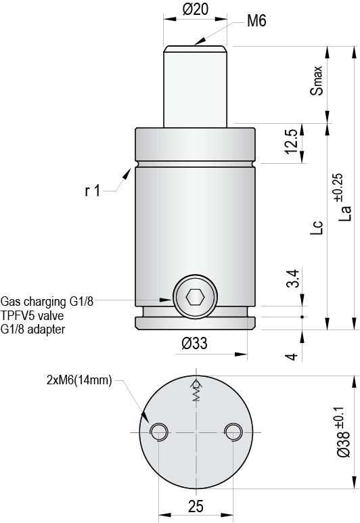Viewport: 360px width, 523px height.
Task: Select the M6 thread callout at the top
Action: point(256,22)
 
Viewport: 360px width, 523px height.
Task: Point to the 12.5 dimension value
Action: point(291,143)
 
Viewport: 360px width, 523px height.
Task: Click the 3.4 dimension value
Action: point(291,279)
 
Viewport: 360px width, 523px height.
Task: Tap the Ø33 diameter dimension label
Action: point(195,344)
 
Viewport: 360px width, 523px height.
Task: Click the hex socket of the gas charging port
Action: point(195,298)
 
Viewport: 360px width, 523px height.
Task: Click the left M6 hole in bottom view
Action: point(159,430)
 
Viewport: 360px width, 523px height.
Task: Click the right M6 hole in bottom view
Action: point(232,430)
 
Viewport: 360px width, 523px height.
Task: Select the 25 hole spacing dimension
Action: point(195,505)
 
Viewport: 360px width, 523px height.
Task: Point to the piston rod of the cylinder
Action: point(196,85)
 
